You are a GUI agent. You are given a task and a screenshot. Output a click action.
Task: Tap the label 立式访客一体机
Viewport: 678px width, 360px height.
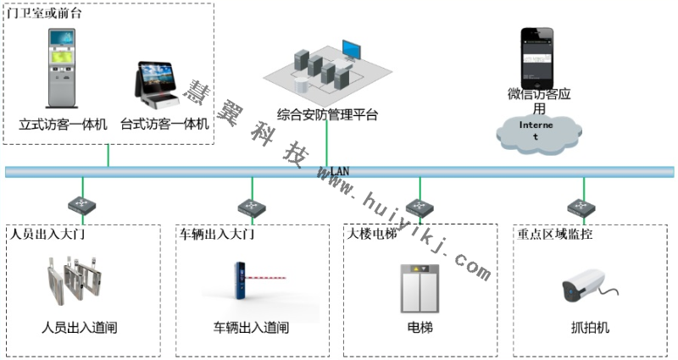pos(64,125)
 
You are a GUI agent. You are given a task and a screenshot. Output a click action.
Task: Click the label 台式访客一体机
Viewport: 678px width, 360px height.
pos(164,125)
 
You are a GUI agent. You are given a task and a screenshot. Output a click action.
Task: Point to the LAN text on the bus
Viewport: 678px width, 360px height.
pos(339,171)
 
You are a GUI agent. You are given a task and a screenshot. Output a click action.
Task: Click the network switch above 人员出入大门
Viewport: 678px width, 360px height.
pos(82,206)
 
